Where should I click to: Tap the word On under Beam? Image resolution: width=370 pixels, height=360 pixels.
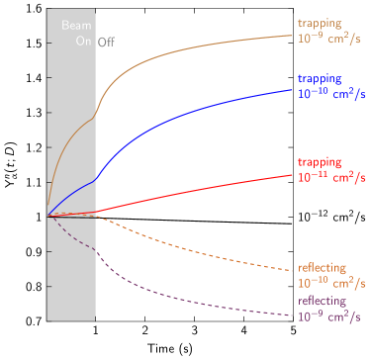point(83,42)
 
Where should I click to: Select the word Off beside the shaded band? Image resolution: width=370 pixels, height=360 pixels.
point(106,42)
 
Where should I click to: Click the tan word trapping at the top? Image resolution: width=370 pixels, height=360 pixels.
point(320,22)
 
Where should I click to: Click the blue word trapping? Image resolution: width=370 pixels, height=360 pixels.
point(320,78)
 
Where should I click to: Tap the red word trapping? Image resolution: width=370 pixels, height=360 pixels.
point(320,161)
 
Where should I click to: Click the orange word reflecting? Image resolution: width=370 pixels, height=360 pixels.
point(322,268)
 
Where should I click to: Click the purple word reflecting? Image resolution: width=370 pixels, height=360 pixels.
point(322,301)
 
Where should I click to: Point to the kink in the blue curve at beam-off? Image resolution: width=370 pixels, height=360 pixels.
point(96,179)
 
